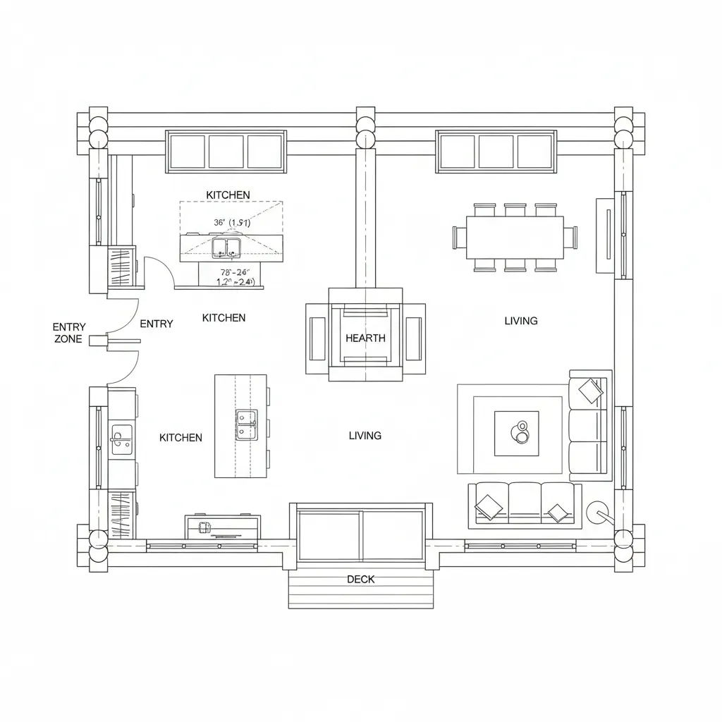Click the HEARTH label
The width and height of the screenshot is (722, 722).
365,338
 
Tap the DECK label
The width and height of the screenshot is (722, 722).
361,580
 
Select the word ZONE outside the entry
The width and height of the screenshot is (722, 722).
68,339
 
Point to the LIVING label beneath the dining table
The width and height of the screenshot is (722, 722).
521,321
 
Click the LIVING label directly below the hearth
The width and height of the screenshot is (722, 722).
365,436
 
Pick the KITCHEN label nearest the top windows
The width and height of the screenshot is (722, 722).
228,195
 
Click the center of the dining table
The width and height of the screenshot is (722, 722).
515,238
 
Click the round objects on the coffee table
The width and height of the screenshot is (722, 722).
522,432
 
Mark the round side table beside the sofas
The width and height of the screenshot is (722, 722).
600,513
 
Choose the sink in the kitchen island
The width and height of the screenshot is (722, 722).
246,424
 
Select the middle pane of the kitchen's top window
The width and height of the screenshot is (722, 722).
226,151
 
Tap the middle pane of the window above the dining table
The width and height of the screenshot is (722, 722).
496,151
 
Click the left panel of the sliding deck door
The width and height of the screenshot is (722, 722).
329,535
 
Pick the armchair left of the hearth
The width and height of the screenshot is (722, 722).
317,338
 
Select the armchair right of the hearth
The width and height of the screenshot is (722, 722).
414,338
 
